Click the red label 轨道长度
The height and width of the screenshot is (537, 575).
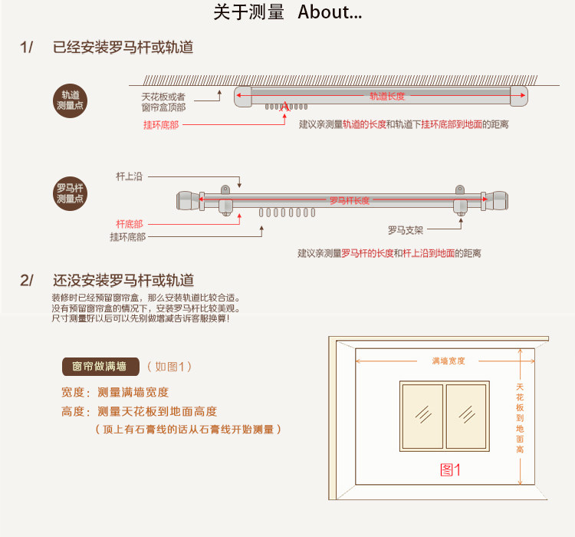click(x=386, y=97)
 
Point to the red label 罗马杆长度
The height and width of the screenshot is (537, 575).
click(x=350, y=201)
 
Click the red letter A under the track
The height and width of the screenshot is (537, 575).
click(x=284, y=107)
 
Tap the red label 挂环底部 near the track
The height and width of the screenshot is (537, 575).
click(x=161, y=124)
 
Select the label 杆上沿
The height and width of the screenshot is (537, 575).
click(x=130, y=176)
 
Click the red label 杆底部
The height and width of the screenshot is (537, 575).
click(x=130, y=223)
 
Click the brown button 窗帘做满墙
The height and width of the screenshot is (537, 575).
click(x=100, y=366)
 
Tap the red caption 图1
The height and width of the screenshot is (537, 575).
click(x=450, y=469)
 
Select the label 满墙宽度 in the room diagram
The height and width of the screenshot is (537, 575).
click(x=448, y=361)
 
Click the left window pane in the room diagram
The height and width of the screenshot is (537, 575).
click(x=422, y=416)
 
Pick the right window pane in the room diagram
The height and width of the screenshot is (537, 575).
click(x=466, y=416)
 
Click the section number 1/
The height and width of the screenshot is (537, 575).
click(x=27, y=48)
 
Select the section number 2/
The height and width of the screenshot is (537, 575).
click(x=27, y=280)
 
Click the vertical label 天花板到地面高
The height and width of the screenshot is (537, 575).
click(x=520, y=418)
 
